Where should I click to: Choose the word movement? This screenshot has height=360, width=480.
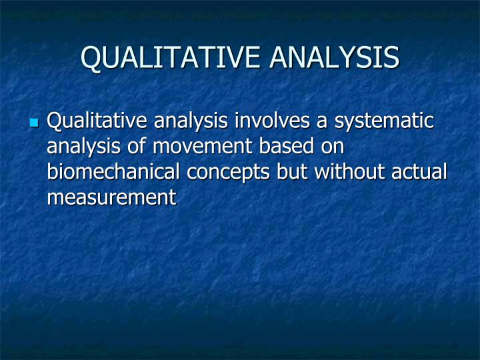tap(197, 147)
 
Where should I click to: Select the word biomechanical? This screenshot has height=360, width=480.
tap(114, 172)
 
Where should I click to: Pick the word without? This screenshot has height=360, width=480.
tap(347, 172)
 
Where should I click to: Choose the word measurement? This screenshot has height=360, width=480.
tap(111, 197)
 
